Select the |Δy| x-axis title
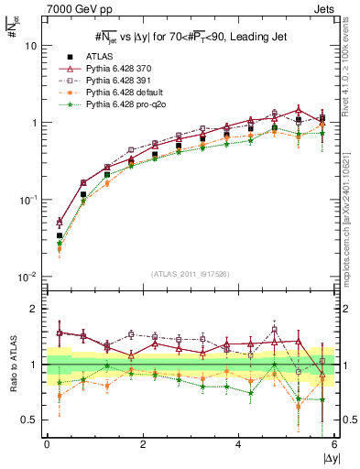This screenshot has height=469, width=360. click(x=327, y=456)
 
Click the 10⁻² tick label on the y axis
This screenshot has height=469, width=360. click(x=27, y=276)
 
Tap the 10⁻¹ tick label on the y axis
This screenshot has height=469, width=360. click(x=27, y=199)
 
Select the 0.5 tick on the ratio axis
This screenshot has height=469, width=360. click(x=28, y=420)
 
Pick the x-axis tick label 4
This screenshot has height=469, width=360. click(x=239, y=443)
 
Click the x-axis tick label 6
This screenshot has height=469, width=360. click(x=334, y=443)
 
